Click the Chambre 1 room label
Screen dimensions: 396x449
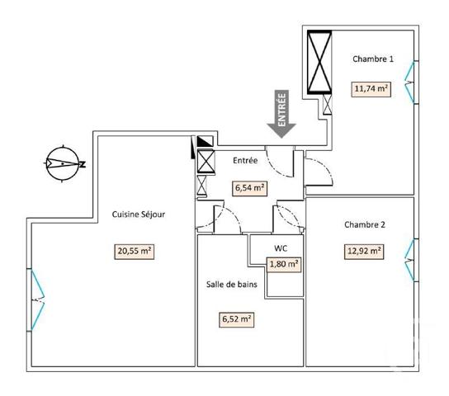coord(373,59)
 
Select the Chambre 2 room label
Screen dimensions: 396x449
coord(364,224)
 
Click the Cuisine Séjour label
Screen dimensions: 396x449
coord(139,214)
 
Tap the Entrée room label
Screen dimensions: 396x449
coord(245,160)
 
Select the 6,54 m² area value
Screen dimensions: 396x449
coord(249,187)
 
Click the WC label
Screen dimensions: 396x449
coord(281,247)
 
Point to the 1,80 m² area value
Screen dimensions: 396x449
coord(283,264)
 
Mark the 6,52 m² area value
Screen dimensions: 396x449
coord(236,318)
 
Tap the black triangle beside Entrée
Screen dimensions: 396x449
coord(203,148)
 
